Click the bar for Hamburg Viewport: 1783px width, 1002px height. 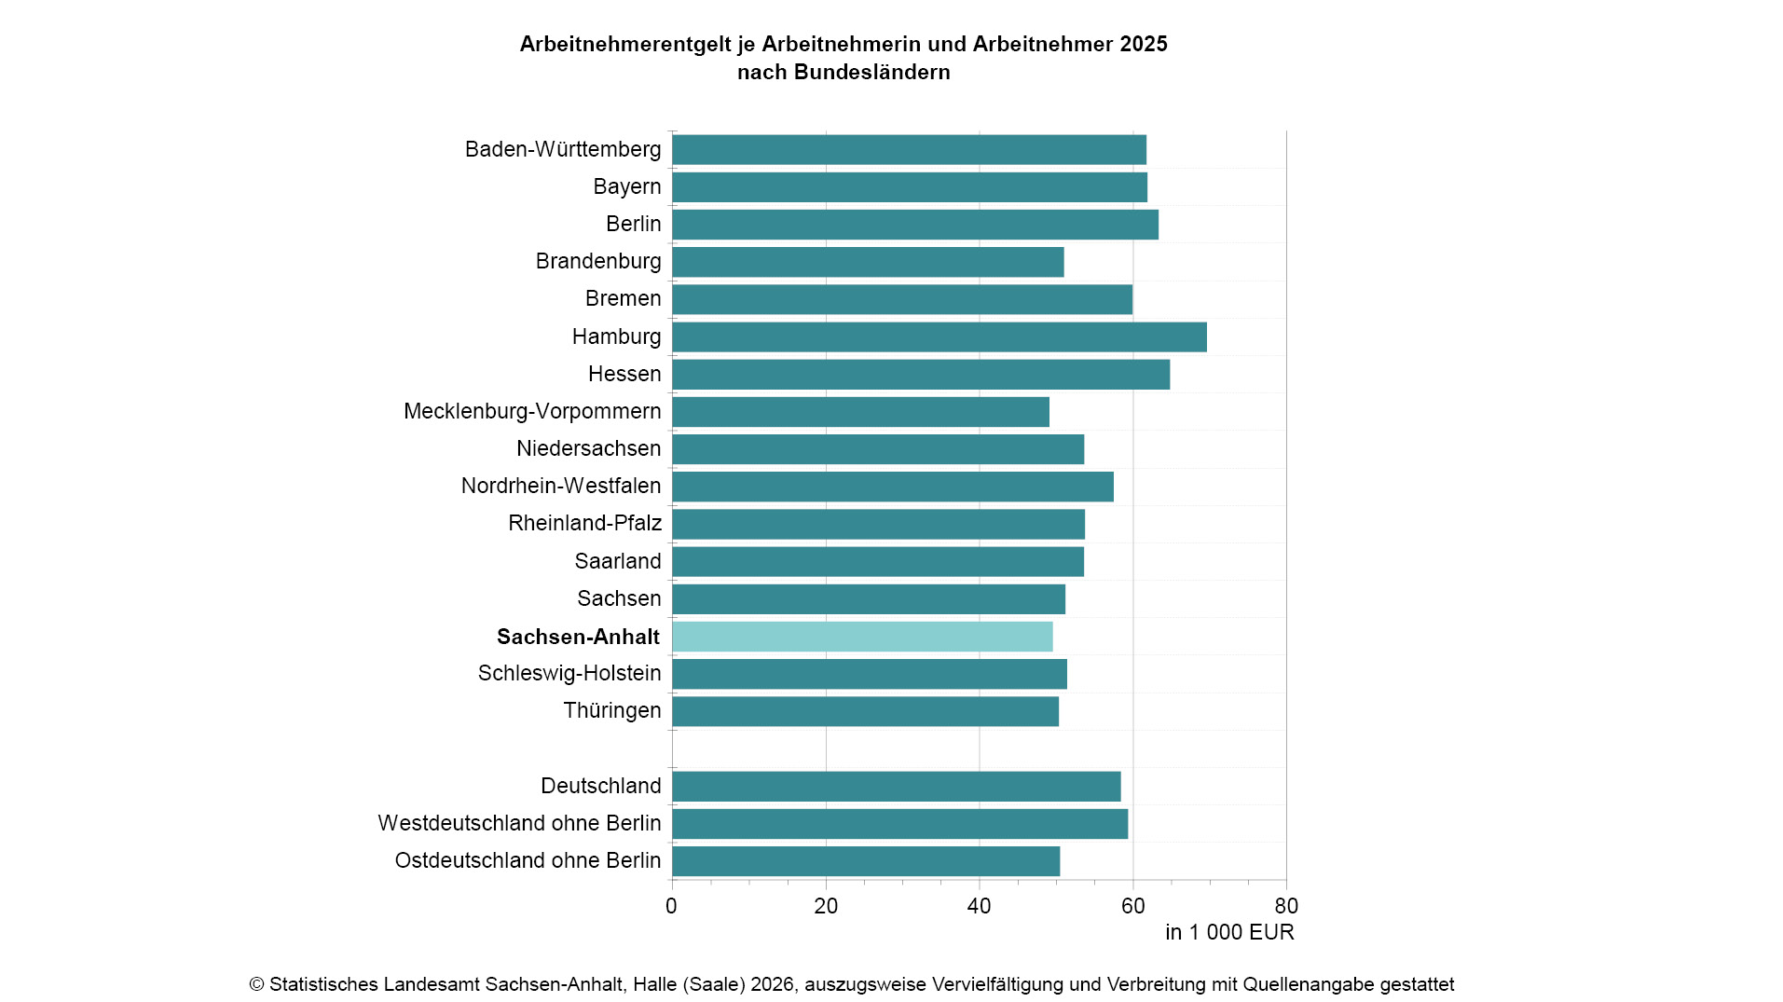[x=939, y=336]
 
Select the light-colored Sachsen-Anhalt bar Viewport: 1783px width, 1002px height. [x=862, y=637]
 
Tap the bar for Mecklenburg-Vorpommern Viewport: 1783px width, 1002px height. [x=860, y=411]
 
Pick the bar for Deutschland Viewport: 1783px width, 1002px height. [x=896, y=786]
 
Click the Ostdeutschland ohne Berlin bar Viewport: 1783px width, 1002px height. [x=866, y=860]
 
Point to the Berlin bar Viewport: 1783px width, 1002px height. [x=914, y=225]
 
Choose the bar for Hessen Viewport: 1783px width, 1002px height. [x=920, y=374]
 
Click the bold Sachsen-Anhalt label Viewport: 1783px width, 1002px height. [x=578, y=637]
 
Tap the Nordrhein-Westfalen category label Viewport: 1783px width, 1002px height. [x=560, y=486]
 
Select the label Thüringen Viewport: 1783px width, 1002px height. [x=611, y=710]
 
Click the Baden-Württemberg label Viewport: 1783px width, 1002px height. [x=562, y=149]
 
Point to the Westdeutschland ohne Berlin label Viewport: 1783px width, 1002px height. [x=519, y=823]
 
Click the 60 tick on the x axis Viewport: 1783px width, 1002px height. [x=1132, y=906]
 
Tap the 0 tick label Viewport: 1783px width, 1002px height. [x=671, y=906]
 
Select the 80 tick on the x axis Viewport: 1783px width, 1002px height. [x=1285, y=906]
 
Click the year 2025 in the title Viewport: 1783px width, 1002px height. [x=1144, y=44]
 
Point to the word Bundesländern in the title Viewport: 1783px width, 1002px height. [x=871, y=72]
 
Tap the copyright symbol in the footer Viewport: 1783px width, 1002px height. [x=257, y=984]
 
